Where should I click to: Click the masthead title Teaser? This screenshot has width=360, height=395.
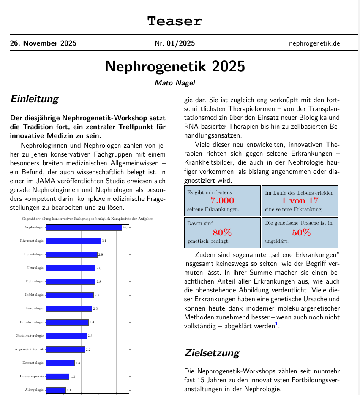(175, 21)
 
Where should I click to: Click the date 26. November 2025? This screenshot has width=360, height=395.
(43, 43)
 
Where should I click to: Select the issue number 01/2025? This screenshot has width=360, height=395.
(180, 43)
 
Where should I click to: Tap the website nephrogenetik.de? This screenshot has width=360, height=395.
(314, 43)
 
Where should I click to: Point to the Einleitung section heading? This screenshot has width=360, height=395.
(34, 99)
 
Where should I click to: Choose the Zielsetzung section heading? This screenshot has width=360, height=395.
(212, 353)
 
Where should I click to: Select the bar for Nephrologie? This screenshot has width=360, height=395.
(84, 227)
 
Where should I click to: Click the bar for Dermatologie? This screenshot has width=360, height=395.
(60, 363)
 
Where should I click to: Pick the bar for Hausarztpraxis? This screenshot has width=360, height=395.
(57, 376)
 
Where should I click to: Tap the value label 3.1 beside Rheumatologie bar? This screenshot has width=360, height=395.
(104, 241)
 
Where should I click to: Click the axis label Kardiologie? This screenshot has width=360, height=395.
(35, 308)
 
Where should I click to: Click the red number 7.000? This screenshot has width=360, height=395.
(222, 201)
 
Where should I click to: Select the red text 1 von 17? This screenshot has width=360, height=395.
(300, 201)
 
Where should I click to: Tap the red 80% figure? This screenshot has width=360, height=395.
(222, 233)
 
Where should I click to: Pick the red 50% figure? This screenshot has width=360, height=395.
(301, 233)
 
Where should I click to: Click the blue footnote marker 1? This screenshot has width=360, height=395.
(276, 324)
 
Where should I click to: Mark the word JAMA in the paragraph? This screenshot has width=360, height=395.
(43, 181)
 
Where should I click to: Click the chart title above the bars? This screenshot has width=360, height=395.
(87, 219)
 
